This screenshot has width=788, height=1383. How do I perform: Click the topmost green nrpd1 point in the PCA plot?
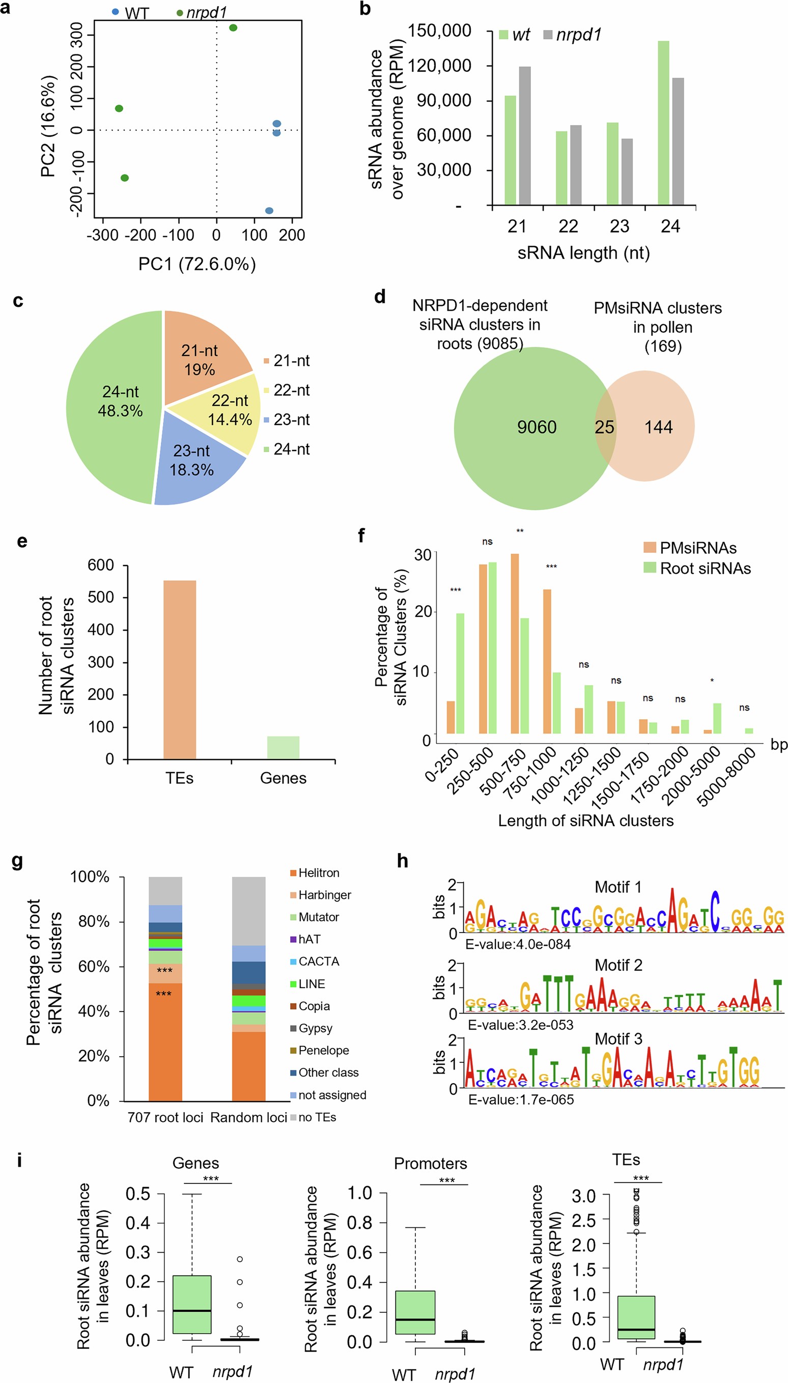233,27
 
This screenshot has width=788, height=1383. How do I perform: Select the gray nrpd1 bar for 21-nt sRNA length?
524,135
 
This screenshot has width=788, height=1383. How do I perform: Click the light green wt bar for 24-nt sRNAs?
663,123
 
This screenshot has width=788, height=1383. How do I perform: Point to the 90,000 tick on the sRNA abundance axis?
444,101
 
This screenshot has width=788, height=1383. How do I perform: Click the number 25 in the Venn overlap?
605,428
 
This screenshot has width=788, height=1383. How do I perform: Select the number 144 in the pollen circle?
658,428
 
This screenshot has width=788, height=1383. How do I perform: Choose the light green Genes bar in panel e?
283,747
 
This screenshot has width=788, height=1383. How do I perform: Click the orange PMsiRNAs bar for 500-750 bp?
515,643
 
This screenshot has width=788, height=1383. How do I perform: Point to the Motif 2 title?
618,965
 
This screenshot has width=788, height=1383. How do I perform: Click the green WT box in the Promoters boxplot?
415,1312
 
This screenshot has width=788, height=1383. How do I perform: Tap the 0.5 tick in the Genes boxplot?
138,1194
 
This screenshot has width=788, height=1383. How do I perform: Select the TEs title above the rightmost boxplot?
626,1160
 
